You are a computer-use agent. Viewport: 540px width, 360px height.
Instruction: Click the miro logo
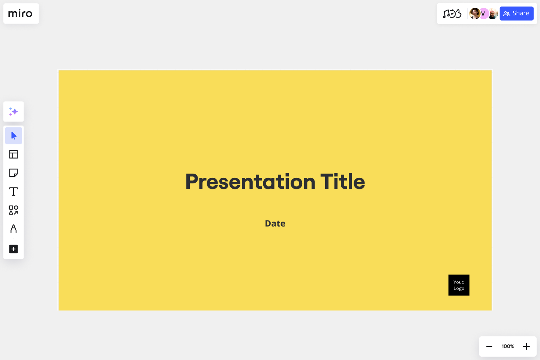coord(21,14)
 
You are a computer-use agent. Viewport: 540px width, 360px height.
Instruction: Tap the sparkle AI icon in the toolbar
coord(13,112)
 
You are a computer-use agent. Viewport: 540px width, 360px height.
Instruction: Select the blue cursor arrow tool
coord(13,136)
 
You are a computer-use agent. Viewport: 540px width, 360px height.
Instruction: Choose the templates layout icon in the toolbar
coord(13,154)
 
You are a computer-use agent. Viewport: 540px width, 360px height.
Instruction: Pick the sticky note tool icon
coord(13,173)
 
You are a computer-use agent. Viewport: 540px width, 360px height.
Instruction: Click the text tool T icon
coord(13,192)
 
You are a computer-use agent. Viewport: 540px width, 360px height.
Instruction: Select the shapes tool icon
coord(13,210)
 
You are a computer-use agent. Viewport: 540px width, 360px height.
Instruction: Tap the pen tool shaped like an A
coord(13,229)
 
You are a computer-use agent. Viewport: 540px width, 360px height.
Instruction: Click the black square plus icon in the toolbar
coord(13,249)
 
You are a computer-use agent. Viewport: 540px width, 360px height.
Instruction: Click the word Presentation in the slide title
coord(250,182)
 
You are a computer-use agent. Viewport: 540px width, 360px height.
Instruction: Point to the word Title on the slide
coord(342,182)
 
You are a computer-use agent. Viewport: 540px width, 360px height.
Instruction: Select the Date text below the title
coord(275,223)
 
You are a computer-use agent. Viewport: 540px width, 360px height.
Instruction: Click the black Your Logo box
coord(459,285)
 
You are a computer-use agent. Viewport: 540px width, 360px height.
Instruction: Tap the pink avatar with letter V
coord(483,13)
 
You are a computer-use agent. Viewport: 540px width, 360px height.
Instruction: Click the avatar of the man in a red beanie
coord(493,13)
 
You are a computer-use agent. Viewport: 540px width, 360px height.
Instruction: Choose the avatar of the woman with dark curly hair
coord(474,13)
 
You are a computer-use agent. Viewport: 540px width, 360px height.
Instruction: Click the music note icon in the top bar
coord(452,14)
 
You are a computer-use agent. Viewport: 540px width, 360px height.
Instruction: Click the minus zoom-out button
coord(489,346)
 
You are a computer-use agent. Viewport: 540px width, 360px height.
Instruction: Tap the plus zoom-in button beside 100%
coord(526,346)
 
